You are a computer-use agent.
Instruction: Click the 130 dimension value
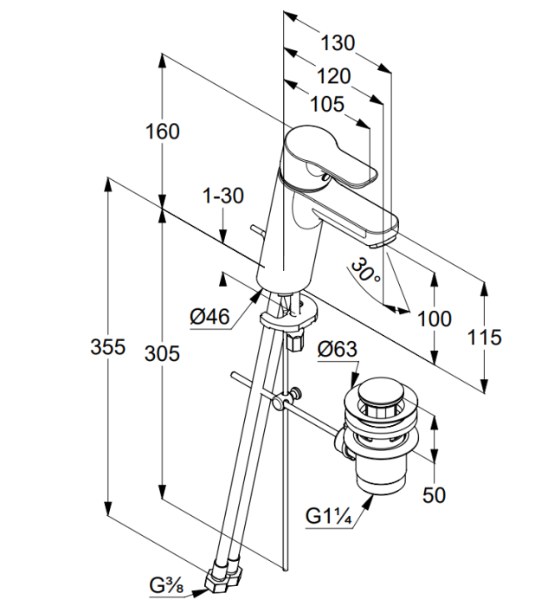[x=338, y=43]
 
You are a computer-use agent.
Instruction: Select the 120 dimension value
[x=334, y=76]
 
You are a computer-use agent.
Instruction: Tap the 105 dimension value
[x=327, y=104]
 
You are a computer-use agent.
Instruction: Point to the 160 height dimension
[x=163, y=132]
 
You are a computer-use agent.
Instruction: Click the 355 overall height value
[x=108, y=346]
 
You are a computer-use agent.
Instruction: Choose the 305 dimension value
[x=162, y=353]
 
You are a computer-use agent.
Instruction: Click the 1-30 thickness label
[x=223, y=196]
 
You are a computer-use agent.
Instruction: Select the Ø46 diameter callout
[x=209, y=317]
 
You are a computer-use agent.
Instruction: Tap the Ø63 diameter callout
[x=338, y=350]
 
